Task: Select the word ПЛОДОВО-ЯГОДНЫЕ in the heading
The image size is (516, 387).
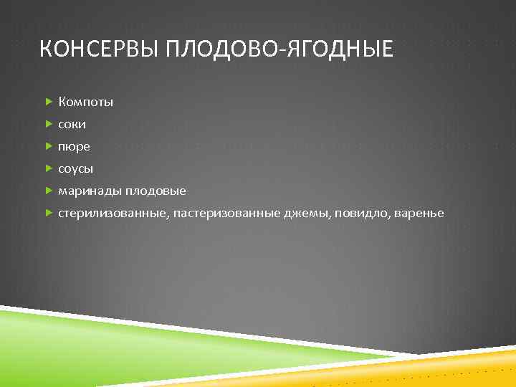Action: (279, 49)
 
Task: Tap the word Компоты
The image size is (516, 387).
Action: (86, 102)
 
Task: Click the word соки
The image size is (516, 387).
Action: (72, 125)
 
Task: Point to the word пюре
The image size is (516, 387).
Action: (75, 148)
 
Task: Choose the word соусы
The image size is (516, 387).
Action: (76, 169)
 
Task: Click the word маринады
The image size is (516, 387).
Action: (90, 191)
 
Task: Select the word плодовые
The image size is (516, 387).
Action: (156, 191)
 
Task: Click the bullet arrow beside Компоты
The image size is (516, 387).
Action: (49, 102)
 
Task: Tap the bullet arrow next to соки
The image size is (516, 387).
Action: (49, 125)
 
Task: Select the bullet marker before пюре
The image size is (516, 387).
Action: (49, 147)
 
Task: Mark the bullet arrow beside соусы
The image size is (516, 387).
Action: (49, 169)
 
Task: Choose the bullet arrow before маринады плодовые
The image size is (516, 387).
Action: (49, 191)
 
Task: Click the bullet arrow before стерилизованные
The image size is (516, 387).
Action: (49, 214)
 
